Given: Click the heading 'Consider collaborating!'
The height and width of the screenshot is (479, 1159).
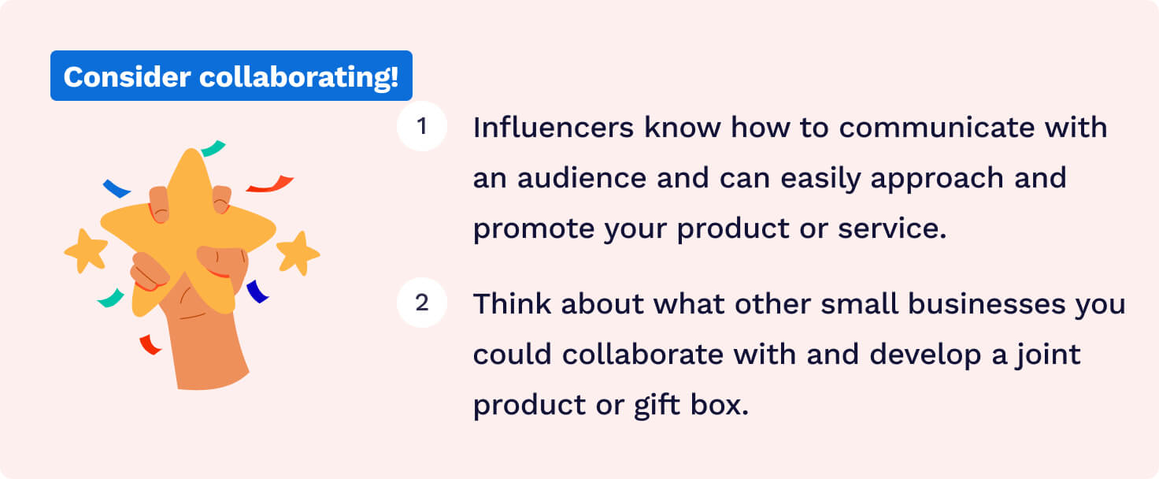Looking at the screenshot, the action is tap(231, 76).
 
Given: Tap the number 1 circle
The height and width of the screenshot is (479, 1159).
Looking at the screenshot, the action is tap(422, 126).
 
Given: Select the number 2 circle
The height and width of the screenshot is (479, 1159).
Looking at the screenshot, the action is tap(422, 303).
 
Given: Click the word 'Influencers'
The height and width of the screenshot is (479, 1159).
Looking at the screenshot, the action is tap(553, 128).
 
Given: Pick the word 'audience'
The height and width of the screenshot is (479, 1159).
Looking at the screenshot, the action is tap(582, 178).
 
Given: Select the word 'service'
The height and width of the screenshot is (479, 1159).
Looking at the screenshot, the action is tap(892, 229).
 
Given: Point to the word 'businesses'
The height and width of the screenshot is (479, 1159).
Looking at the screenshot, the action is tap(987, 303).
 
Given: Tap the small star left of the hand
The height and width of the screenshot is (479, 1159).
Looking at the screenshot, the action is tap(85, 251).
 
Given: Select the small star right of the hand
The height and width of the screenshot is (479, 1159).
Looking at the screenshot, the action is tap(298, 253).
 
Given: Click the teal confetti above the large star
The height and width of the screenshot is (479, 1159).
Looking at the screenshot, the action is tap(213, 148).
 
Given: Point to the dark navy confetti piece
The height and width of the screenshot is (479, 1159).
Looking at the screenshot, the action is tap(257, 291).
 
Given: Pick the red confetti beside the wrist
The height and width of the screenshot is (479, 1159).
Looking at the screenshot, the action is tap(150, 345).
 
